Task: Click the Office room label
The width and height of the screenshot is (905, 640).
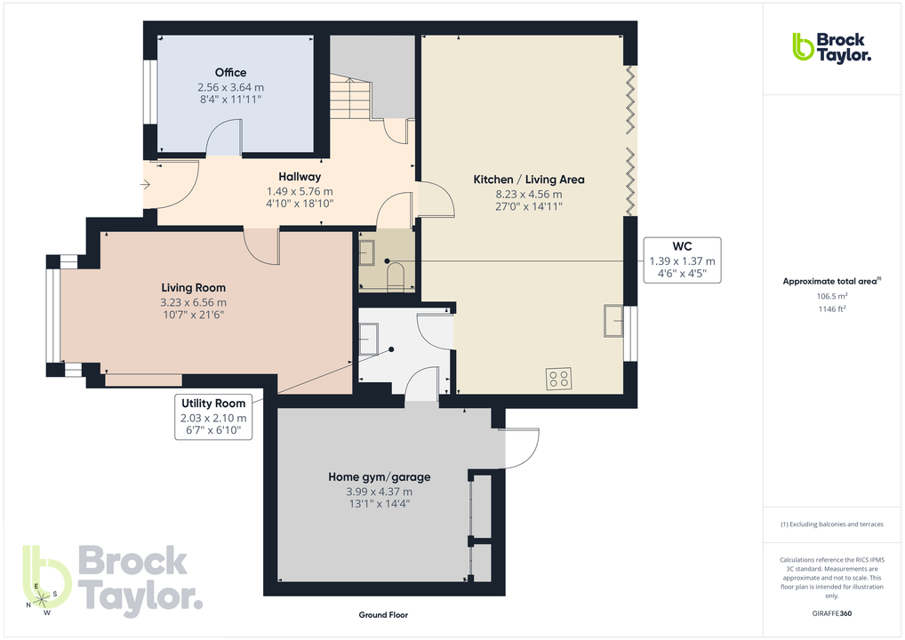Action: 230,73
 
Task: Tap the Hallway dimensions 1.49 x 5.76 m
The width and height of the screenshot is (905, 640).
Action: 300,191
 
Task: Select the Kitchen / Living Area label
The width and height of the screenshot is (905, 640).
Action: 528,180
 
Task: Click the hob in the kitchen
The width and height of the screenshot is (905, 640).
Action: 560,380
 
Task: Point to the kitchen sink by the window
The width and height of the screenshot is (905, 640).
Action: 613,321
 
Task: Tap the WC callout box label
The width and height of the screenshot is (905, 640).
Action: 682,246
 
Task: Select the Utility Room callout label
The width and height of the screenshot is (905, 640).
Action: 213,404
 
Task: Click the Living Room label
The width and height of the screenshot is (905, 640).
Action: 193,288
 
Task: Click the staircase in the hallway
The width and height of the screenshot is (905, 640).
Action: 350,99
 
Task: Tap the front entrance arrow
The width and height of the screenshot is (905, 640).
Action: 145,185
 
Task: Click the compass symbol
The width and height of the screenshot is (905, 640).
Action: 43,599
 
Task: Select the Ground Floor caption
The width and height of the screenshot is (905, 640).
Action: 383,615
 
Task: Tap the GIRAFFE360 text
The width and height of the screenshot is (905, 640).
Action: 832,613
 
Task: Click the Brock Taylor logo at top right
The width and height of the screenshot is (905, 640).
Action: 831,47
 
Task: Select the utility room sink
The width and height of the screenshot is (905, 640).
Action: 368,338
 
